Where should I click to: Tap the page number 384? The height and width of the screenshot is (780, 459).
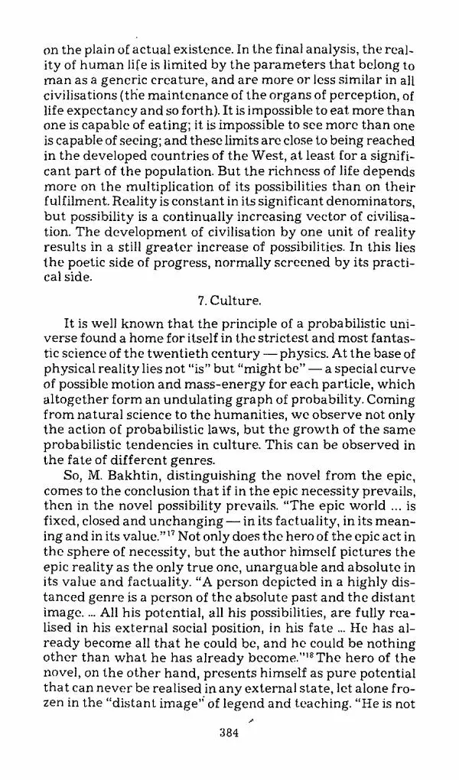coord(229,733)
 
